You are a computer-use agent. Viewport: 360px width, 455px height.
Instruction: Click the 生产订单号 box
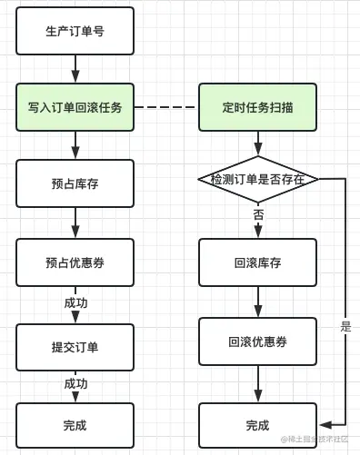pos(75,31)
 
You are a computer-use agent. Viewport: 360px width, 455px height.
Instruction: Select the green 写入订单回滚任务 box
pos(75,106)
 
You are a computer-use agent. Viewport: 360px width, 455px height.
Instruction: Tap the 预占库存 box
pos(75,183)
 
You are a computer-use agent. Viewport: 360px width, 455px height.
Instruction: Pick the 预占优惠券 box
pos(75,262)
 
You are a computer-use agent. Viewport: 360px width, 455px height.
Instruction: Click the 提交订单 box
pos(75,347)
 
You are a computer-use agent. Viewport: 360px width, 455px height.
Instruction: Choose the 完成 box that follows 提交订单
pos(75,425)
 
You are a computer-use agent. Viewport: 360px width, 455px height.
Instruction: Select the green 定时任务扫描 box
pos(257,106)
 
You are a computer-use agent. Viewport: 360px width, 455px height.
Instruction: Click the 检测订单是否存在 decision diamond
pos(257,179)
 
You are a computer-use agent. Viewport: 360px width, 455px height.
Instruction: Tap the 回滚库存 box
pos(257,262)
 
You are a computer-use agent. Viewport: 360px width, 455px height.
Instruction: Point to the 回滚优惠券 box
pos(257,341)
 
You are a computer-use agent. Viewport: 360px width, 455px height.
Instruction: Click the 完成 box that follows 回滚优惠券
pos(257,425)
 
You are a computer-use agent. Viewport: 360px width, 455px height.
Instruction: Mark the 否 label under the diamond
pos(258,215)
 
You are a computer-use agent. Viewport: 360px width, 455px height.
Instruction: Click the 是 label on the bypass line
pos(345,326)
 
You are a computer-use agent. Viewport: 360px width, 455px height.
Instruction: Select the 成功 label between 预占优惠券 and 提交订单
pos(75,302)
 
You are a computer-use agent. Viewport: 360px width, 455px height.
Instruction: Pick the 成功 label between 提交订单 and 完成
pos(75,384)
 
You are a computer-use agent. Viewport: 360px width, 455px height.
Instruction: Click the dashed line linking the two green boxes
pos(166,107)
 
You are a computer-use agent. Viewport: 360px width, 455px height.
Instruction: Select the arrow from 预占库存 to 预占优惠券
pos(75,223)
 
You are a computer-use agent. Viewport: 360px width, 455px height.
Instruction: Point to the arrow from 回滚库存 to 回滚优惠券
pos(258,301)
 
